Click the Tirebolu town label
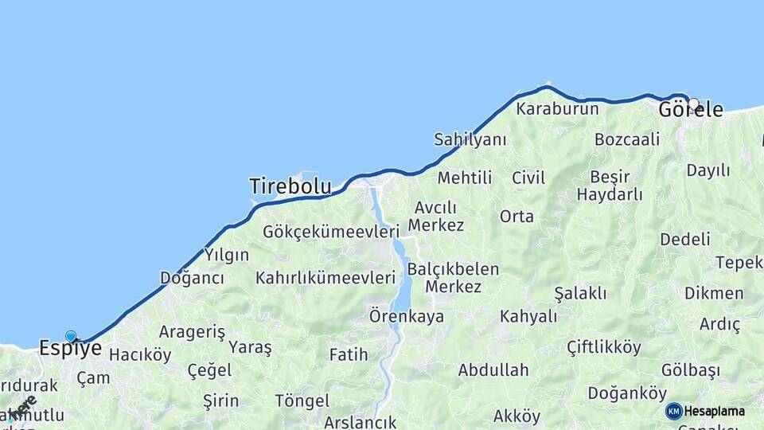pos(290,186)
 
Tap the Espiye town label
pos(70,348)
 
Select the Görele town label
pos(691,110)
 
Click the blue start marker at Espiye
pos(71,336)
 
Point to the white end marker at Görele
pos(694,104)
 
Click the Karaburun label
pos(557,108)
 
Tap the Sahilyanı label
pos(470,139)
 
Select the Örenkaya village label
pos(406,316)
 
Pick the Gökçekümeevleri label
pos(330,232)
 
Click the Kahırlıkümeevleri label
pos(325,278)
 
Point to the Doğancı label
pos(192,278)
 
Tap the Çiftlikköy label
pos(603,346)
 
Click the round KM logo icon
pos(674,411)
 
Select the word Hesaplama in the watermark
pos(715,411)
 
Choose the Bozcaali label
pos(627,139)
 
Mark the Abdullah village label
pos(493,369)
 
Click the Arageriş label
pos(192,332)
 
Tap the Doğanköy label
pos(627,393)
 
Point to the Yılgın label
pos(227,255)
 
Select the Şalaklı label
pos(580,293)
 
